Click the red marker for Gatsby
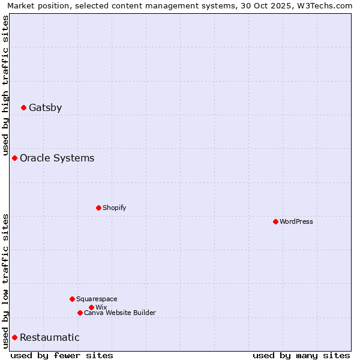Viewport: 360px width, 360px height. point(23,107)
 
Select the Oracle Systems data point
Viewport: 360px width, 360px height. point(14,158)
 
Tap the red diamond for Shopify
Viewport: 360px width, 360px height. point(98,208)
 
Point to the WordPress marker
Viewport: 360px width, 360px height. point(275,221)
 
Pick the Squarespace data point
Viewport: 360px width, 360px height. point(72,299)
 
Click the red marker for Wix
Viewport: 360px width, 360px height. point(91,307)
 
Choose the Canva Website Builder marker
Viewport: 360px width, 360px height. point(80,313)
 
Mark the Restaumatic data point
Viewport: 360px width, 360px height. point(14,337)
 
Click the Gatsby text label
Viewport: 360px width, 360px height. point(45,108)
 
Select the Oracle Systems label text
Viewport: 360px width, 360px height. point(57,158)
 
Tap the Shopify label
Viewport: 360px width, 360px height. point(114,208)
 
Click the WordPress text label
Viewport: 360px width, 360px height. point(296,221)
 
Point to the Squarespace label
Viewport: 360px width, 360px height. point(97,299)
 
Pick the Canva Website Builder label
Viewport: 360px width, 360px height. point(120,313)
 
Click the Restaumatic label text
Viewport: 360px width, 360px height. point(50,338)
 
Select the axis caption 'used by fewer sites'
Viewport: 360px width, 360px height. point(62,355)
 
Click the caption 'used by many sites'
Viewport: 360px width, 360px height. point(301,355)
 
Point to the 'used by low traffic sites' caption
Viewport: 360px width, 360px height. point(5,281)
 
